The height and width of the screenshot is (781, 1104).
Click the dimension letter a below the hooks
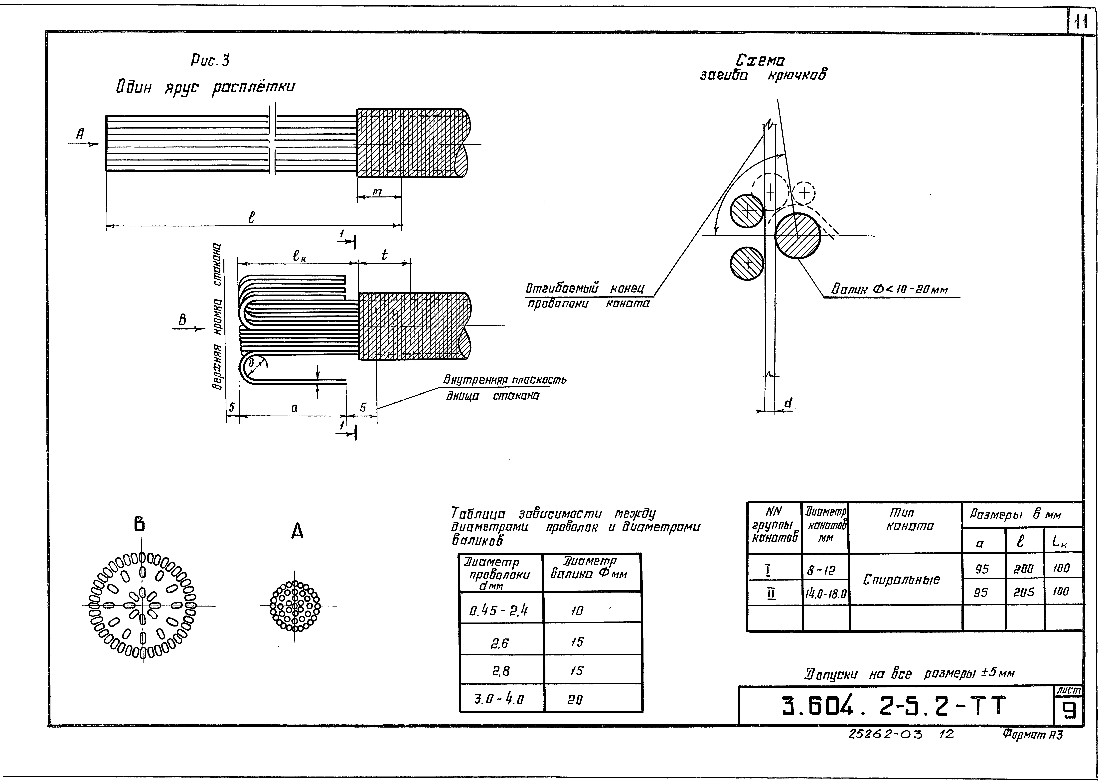pos(294,408)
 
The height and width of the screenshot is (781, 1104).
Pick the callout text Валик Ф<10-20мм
pos(890,290)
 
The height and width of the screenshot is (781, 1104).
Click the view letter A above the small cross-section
pos(297,531)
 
